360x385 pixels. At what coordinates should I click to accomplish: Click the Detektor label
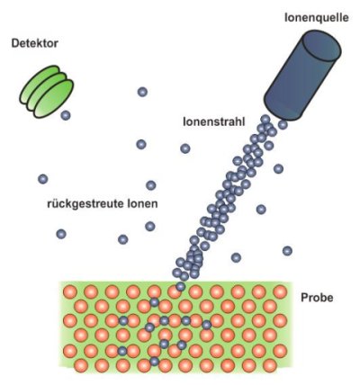pyautogui.click(x=34, y=44)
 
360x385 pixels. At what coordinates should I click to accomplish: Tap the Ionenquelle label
pyautogui.click(x=317, y=18)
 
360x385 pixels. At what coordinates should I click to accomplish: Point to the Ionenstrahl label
pyautogui.click(x=214, y=121)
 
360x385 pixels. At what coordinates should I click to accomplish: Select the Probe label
pyautogui.click(x=317, y=298)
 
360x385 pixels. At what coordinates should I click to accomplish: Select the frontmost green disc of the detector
pyautogui.click(x=54, y=99)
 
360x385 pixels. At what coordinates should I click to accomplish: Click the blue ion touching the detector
pyautogui.click(x=66, y=115)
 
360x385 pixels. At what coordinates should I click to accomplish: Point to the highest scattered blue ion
pyautogui.click(x=142, y=92)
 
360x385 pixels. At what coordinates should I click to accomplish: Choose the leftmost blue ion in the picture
pyautogui.click(x=43, y=179)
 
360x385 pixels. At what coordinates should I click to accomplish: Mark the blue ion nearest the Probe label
pyautogui.click(x=287, y=251)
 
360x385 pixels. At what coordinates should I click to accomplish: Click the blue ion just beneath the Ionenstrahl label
pyautogui.click(x=185, y=148)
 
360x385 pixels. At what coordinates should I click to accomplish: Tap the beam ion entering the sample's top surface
pyautogui.click(x=180, y=287)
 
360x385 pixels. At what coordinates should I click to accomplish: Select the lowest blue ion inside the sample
pyautogui.click(x=154, y=362)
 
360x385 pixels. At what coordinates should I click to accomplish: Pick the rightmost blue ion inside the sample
pyautogui.click(x=206, y=324)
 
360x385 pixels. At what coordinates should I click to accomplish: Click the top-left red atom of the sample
pyautogui.click(x=70, y=291)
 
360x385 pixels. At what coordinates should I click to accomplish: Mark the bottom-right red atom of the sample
pyautogui.click(x=269, y=365)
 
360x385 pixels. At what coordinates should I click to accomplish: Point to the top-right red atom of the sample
pyautogui.click(x=280, y=291)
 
